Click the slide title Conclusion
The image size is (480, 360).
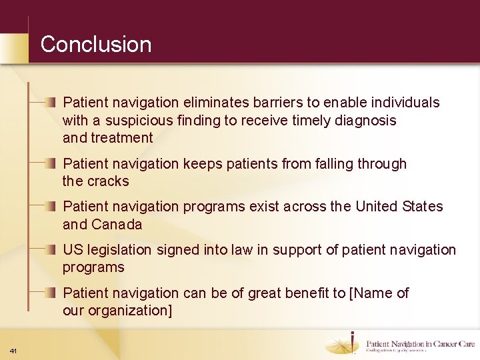(x=96, y=45)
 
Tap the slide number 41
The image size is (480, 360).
(x=13, y=351)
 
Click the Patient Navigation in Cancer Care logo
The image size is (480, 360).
(x=400, y=343)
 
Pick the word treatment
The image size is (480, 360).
(x=122, y=138)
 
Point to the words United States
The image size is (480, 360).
(x=399, y=207)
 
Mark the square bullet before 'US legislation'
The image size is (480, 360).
(x=51, y=249)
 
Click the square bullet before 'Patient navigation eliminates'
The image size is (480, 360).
(x=51, y=102)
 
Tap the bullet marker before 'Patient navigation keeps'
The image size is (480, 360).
(x=51, y=163)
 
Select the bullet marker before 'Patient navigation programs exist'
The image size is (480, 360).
(x=51, y=206)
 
